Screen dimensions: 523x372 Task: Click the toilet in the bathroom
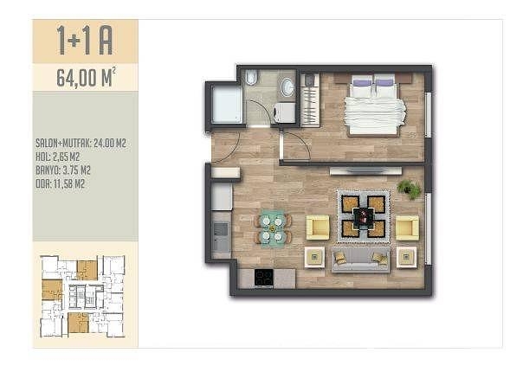click(251, 78)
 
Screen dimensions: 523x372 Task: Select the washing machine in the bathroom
click(284, 112)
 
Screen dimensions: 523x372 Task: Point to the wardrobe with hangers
click(310, 100)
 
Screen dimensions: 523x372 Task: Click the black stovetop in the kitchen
click(264, 278)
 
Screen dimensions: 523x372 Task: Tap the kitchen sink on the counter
click(221, 229)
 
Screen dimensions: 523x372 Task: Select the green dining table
click(273, 229)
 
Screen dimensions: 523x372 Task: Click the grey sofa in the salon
click(360, 260)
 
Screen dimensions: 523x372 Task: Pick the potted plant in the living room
click(410, 189)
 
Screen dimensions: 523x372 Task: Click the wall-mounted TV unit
click(366, 171)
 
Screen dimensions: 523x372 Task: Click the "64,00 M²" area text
click(87, 77)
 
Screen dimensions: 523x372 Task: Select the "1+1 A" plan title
click(85, 41)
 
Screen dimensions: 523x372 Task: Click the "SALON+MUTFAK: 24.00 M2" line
click(81, 144)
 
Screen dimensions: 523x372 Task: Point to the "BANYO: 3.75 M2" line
click(63, 170)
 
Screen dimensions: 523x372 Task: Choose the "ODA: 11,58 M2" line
click(60, 183)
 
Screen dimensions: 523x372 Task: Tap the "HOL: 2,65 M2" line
click(58, 157)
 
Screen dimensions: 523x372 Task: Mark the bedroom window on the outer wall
click(428, 115)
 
